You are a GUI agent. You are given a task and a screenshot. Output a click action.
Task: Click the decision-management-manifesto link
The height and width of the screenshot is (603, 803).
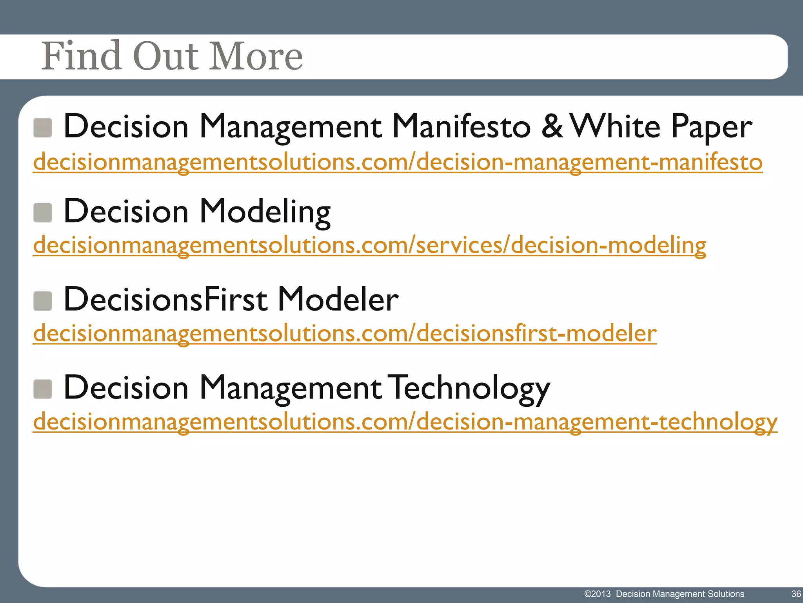398,162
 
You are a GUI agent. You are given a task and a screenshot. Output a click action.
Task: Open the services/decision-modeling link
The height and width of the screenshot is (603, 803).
369,245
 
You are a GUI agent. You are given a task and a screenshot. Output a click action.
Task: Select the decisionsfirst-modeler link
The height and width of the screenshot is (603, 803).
345,333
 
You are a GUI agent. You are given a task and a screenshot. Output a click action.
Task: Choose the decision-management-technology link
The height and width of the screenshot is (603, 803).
405,422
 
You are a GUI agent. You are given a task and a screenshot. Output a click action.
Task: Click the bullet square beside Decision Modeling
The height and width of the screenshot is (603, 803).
43,213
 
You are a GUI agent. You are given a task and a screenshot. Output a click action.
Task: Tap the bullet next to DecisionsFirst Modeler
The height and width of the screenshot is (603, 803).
43,301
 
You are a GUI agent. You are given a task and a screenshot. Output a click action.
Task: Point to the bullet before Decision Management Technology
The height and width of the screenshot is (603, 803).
43,389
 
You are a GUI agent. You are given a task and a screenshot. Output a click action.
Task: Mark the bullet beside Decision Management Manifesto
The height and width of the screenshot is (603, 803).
43,128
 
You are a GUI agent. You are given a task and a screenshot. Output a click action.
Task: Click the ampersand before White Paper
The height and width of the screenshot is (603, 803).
552,126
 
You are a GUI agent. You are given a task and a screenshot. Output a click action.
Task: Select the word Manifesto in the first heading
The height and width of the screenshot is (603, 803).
461,126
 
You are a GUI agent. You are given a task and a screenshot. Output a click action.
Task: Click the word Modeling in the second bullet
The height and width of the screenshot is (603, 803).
265,212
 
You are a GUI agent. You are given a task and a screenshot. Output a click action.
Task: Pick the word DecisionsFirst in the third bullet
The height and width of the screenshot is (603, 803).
165,300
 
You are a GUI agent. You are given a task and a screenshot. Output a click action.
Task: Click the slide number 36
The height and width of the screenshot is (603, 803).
796,594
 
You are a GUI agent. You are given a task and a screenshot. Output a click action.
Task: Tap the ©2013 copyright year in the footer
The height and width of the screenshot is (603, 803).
598,594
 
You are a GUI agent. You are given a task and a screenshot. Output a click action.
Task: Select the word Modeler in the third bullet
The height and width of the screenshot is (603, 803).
338,300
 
